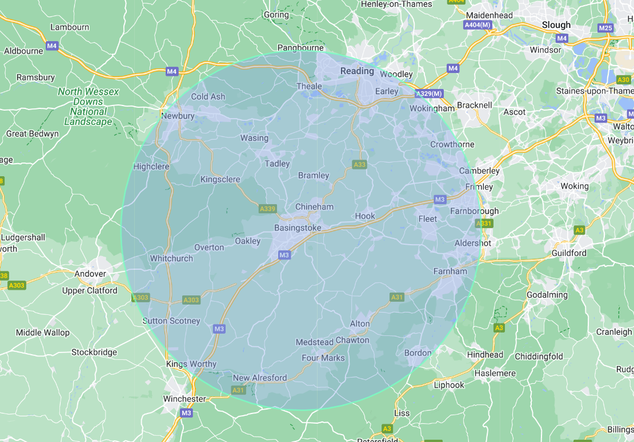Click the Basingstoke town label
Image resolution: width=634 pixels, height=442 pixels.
tap(298, 228)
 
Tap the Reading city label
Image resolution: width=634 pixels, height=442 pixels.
tap(357, 71)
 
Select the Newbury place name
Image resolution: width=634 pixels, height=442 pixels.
tap(178, 116)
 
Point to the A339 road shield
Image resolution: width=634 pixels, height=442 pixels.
tap(267, 209)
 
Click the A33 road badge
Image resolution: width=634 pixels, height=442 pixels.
tap(359, 164)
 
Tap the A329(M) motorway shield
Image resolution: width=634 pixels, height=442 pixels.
tap(429, 94)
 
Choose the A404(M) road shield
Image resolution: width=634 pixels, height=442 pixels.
tap(477, 25)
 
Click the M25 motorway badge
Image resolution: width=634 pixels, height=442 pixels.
tap(605, 28)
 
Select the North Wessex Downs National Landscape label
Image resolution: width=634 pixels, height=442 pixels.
tap(88, 107)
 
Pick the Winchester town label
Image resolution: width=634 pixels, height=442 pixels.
tap(184, 399)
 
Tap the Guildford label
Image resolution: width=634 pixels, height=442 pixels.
tap(569, 253)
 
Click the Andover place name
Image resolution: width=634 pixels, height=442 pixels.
tap(90, 274)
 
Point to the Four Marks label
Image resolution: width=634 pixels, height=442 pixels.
tap(323, 358)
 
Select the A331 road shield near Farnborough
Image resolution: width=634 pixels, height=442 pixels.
tap(484, 224)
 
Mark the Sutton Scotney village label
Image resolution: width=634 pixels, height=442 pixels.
tap(171, 321)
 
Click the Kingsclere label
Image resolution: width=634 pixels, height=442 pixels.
tap(220, 180)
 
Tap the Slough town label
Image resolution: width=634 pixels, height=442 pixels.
tap(556, 25)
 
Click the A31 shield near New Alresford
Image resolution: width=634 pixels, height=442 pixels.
tap(238, 390)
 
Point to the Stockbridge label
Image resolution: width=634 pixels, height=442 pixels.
tap(94, 352)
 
